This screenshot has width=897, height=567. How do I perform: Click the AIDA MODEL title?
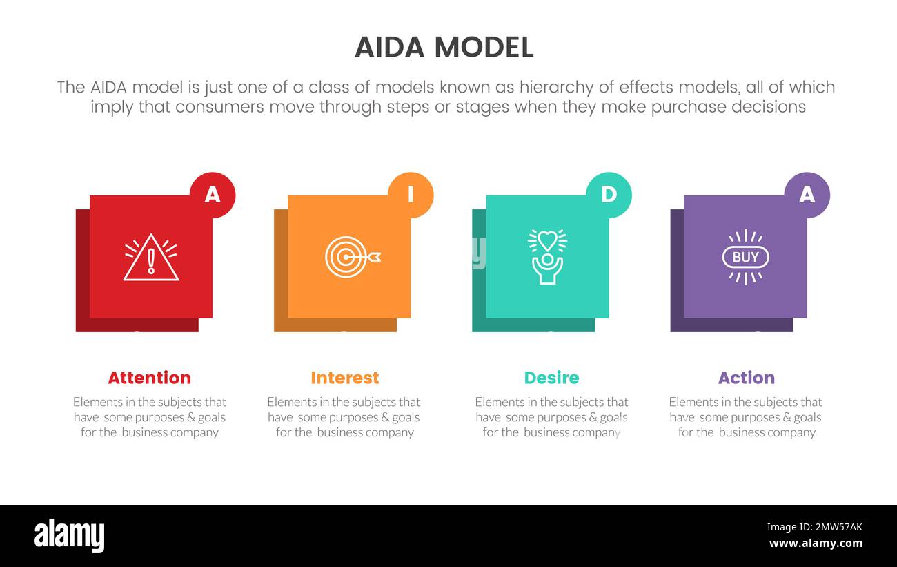444,47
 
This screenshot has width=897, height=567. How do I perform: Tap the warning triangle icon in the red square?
151,258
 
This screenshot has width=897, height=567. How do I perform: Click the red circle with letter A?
213,195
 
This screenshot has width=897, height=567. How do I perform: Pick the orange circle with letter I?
411,195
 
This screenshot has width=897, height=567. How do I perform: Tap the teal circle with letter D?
609,195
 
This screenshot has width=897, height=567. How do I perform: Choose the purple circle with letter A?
807,195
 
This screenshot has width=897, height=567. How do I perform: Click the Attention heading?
149,378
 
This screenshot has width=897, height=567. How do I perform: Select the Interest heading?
344,378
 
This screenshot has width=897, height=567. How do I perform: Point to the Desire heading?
551,378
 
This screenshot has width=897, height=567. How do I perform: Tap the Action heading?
746,378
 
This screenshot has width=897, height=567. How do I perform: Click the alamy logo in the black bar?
69,535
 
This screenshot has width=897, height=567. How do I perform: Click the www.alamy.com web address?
816,544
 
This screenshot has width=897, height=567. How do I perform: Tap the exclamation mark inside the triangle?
151,262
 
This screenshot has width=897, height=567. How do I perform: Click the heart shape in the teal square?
547,240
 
